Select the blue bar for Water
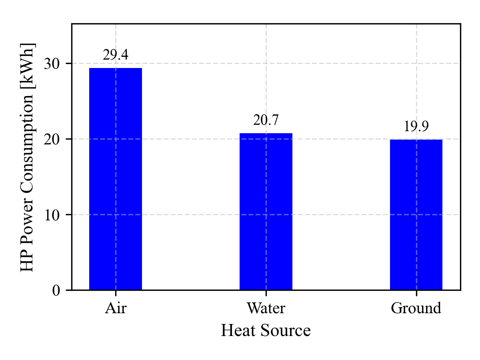point(266,212)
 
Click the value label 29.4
point(116,55)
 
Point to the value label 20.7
point(266,120)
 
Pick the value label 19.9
point(416,126)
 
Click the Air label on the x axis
point(116,308)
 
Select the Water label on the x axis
point(266,308)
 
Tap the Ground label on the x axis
point(416,308)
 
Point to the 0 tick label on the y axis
point(56,290)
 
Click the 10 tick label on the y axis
point(52,215)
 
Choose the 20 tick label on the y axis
point(52,139)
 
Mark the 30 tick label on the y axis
point(52,64)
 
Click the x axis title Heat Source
point(266,331)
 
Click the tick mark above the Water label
point(266,293)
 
